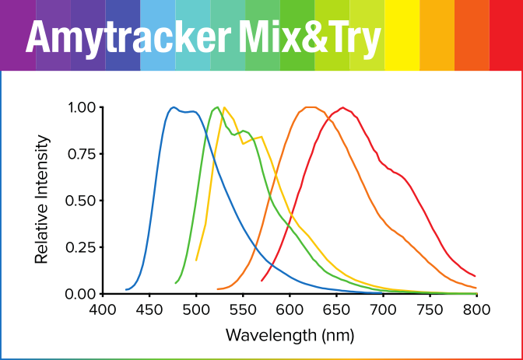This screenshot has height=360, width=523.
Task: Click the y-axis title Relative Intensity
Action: (42, 199)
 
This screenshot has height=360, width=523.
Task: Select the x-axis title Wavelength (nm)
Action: (290, 336)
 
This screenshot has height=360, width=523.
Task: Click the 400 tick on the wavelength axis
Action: (103, 309)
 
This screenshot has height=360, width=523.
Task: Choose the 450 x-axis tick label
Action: (149, 309)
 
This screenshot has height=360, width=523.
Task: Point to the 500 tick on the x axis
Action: (196, 309)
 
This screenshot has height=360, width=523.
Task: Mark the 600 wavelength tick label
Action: (290, 309)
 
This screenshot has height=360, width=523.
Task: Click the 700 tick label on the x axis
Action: (383, 309)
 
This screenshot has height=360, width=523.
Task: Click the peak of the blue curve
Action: (173, 107)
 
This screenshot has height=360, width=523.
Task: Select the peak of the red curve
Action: (342, 107)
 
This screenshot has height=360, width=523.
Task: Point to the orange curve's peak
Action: (310, 107)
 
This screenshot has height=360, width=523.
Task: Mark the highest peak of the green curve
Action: (216, 108)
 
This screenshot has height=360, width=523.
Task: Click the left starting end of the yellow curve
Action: (196, 260)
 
